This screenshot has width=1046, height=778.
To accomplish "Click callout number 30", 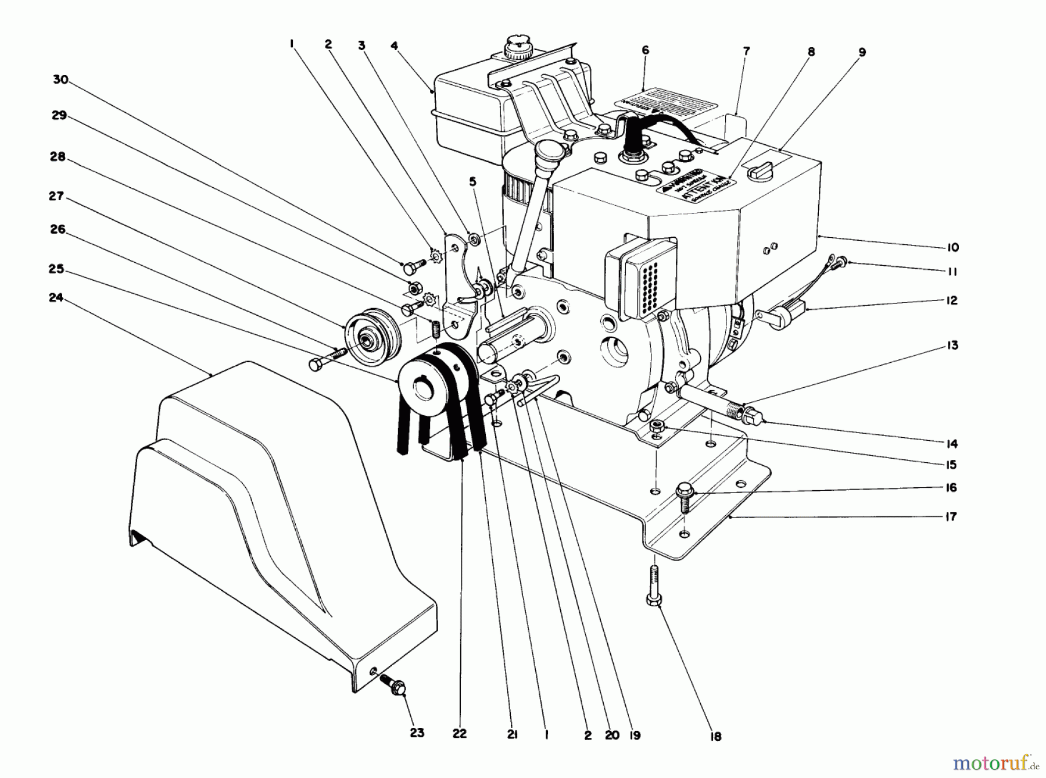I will pos(60,80).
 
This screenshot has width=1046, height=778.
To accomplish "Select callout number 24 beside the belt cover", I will pos(55,298).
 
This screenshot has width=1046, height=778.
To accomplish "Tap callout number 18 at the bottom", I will pos(715,736).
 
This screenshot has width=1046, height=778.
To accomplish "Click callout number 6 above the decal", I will pos(645,51).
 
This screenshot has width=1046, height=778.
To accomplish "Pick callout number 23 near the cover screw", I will pos(417,733).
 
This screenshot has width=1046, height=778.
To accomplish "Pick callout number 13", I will pos(952,345).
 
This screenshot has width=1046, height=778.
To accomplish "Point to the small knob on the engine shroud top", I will pos(759,172).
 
